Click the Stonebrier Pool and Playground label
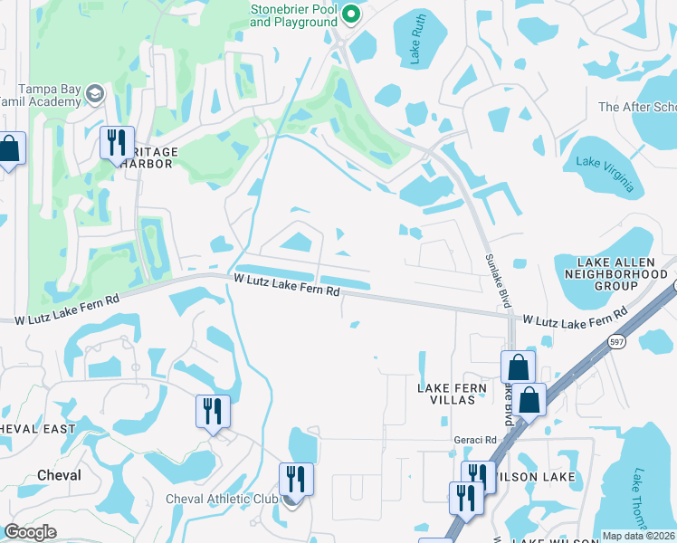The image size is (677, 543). pos(294,15)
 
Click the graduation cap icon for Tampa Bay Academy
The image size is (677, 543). pos(94,93)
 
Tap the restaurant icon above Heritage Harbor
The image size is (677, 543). pos(117,143)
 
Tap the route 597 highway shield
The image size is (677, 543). pos(615,341)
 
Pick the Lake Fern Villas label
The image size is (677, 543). pos(452,395)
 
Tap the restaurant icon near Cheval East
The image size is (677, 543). pos(213,412)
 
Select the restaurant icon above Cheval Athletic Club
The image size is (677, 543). pos(296,478)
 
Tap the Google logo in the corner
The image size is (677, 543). pos(30,532)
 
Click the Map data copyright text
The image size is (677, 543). pos(638,536)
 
